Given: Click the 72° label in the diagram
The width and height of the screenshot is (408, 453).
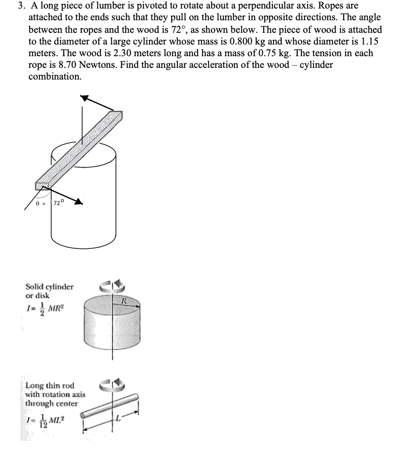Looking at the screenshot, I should click(60, 203).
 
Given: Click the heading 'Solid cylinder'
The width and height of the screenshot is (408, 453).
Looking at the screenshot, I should click(49, 286).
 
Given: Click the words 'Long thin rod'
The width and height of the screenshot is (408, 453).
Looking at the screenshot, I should click(50, 386).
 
